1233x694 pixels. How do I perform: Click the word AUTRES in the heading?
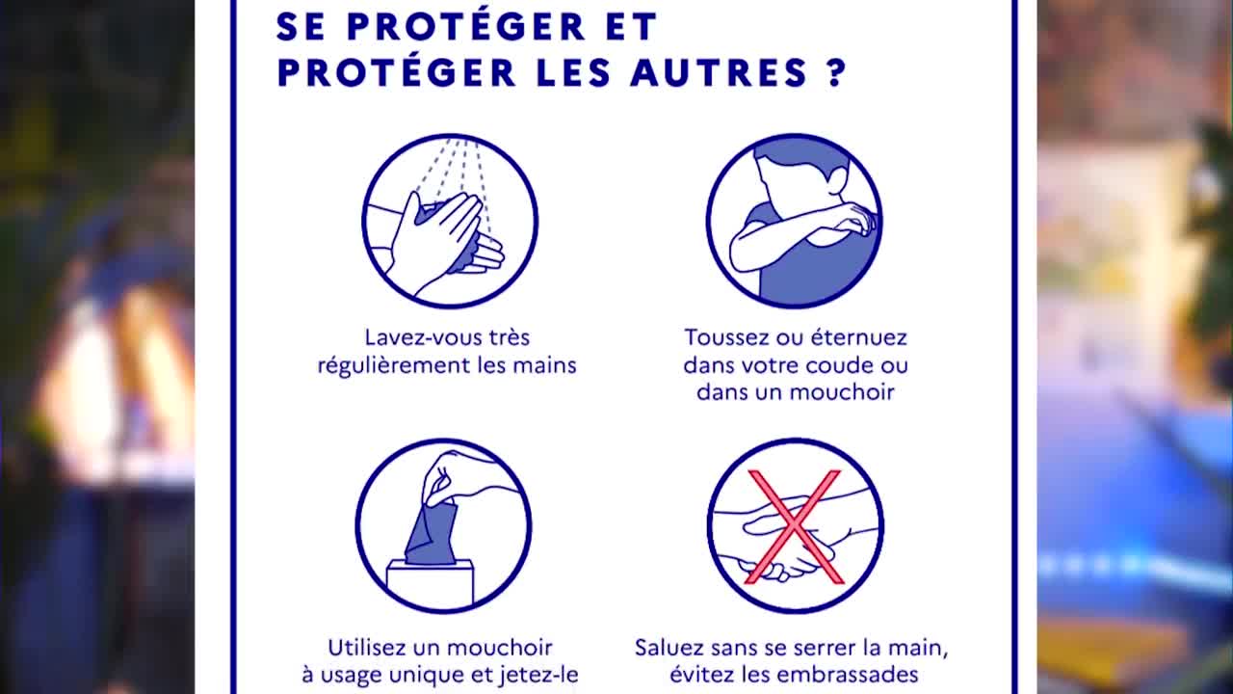720,72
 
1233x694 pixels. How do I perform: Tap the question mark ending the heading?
835,72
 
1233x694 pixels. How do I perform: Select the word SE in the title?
302,26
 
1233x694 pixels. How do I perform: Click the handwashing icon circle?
450,221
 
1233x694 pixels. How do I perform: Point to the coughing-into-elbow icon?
795,221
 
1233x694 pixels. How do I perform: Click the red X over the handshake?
795,526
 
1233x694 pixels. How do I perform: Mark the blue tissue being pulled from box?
432,532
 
